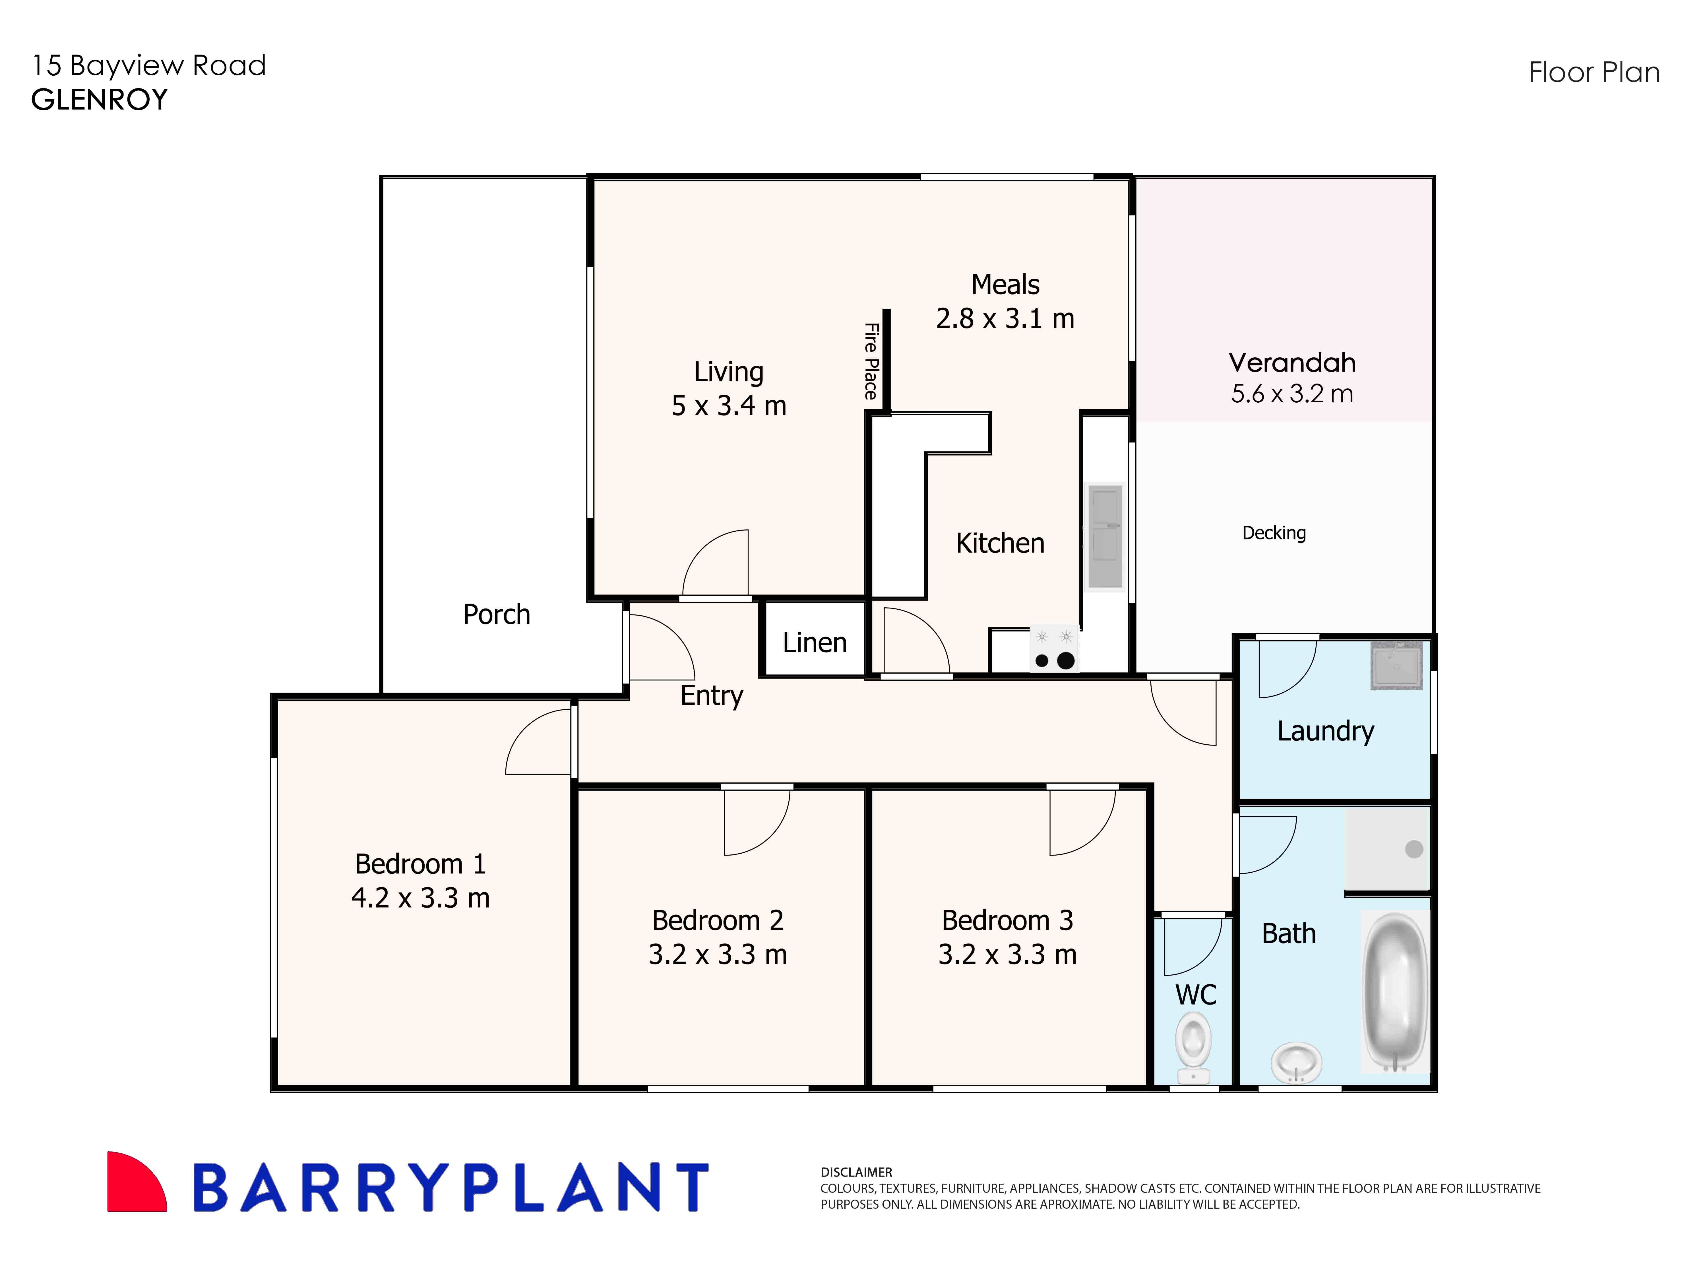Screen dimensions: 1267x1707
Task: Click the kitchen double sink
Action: click(1105, 535)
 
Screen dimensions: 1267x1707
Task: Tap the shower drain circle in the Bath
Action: click(1414, 849)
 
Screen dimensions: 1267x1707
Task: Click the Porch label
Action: click(496, 614)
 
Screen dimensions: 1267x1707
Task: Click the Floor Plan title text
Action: click(1594, 73)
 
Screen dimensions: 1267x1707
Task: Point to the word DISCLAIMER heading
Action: click(856, 1172)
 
